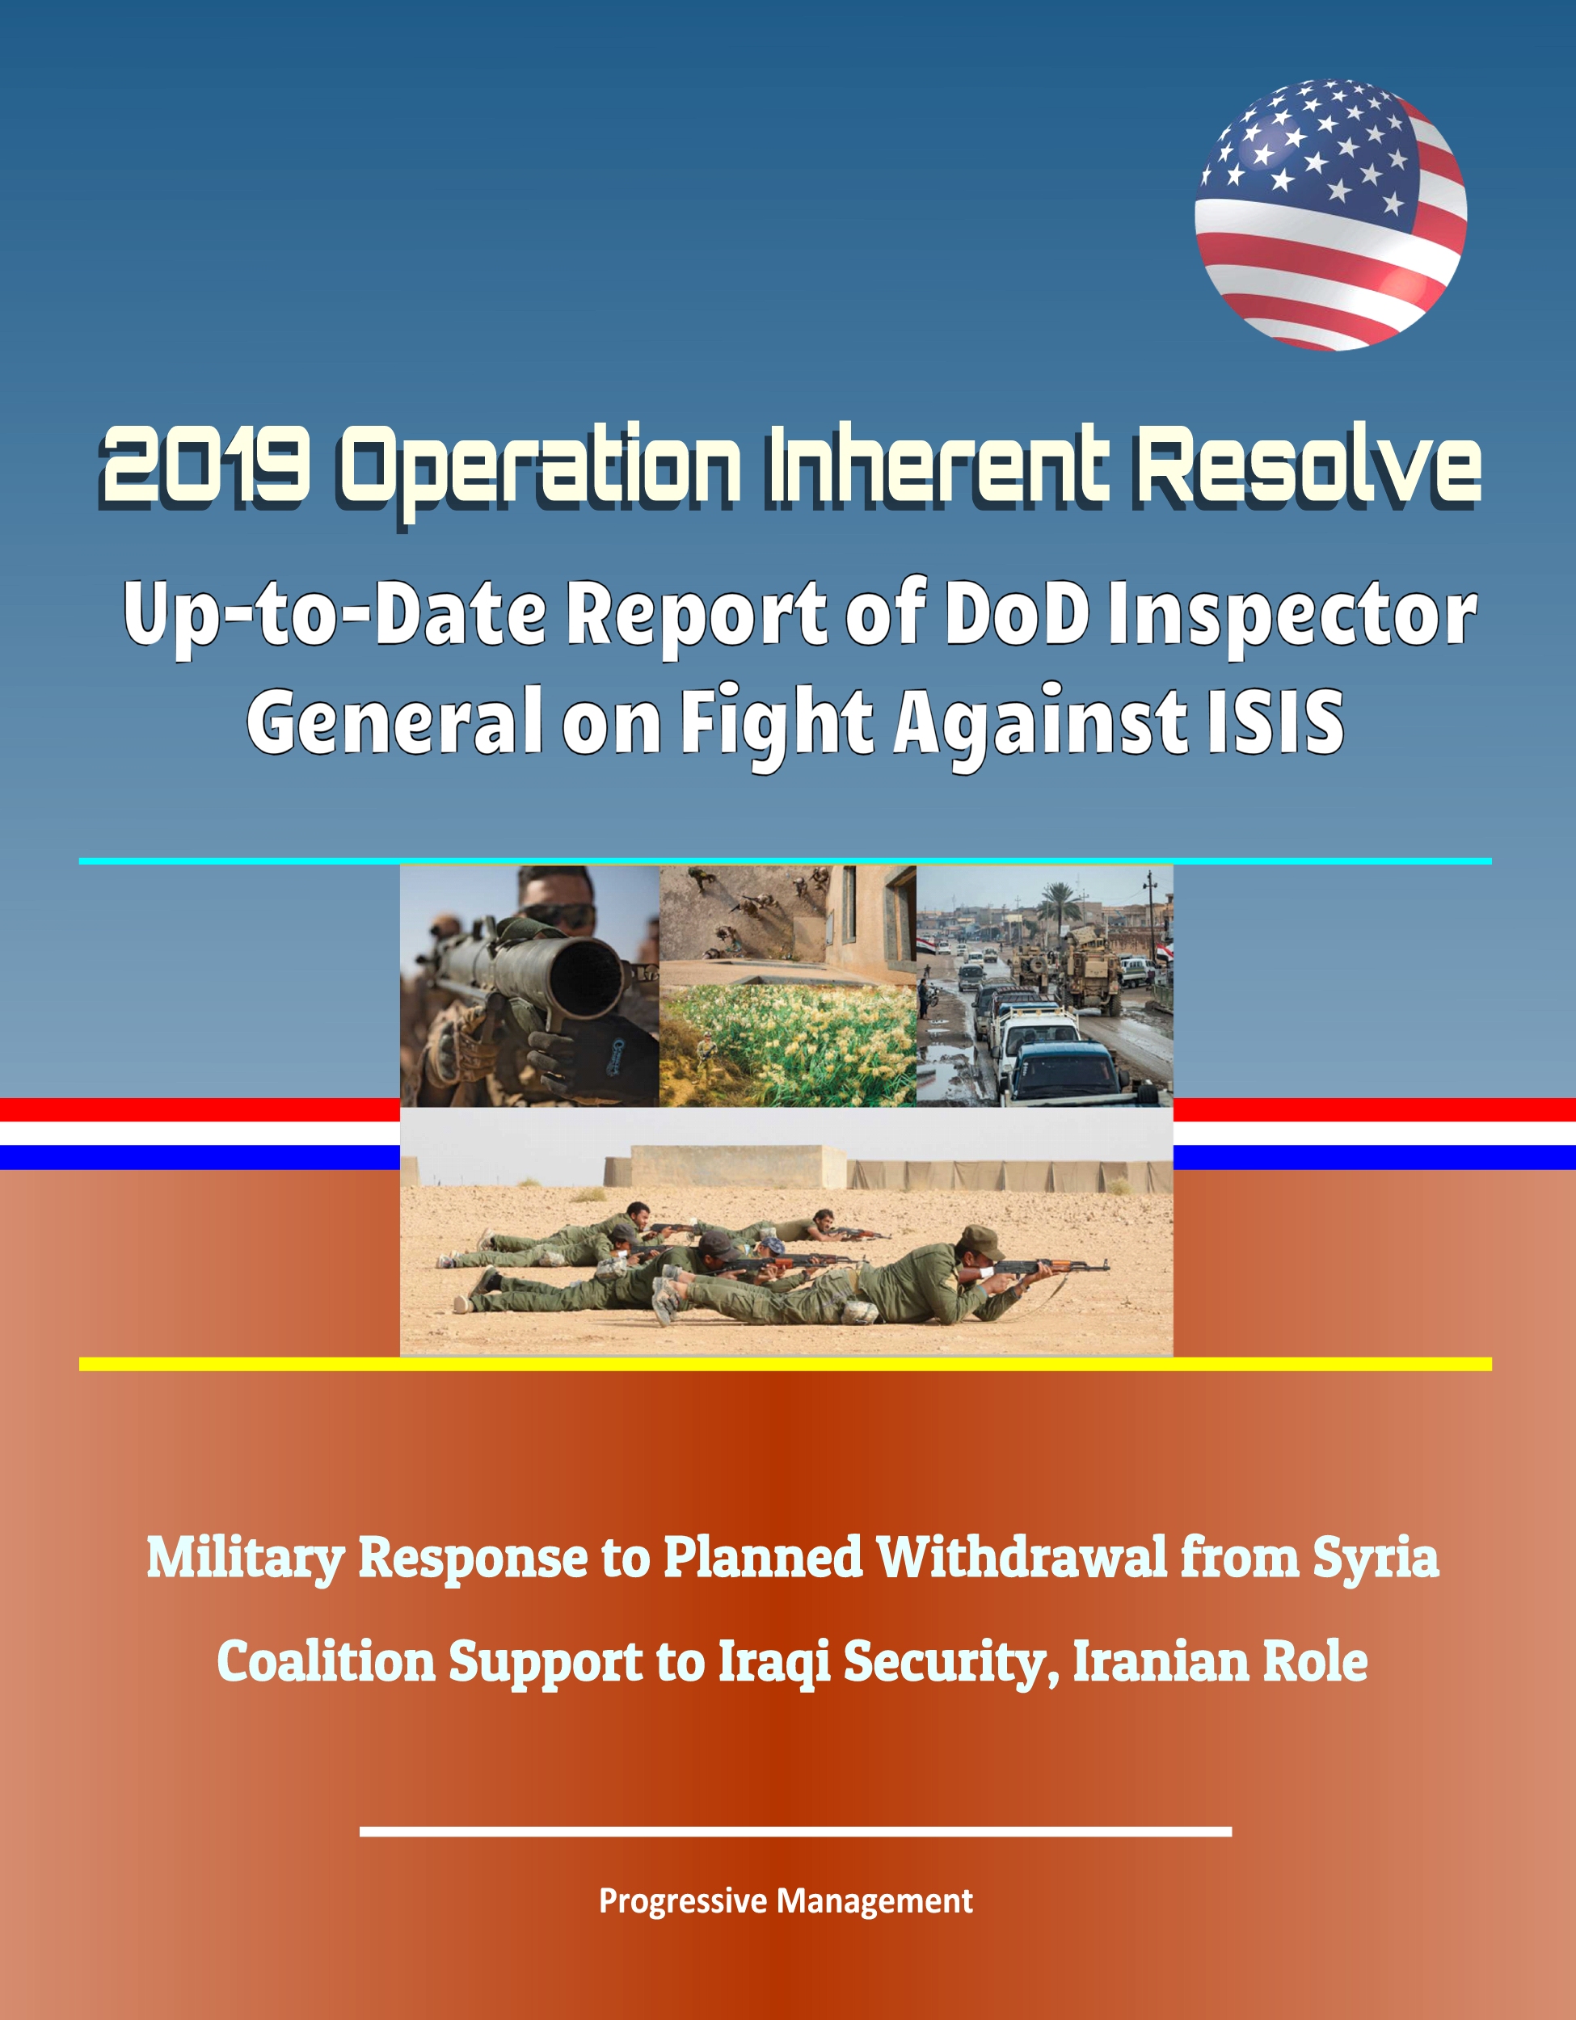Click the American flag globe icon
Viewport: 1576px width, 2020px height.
(x=1330, y=215)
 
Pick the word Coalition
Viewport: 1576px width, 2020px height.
(x=326, y=1662)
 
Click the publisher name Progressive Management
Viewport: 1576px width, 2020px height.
(x=786, y=1901)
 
